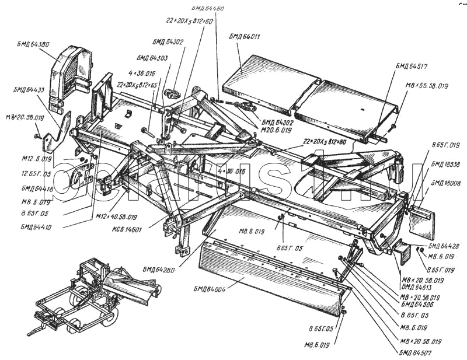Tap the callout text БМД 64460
208,9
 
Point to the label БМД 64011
245,37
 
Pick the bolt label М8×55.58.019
427,86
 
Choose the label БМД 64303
152,58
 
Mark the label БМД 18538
445,164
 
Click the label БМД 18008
445,183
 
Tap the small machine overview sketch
93,295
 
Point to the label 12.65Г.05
37,173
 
